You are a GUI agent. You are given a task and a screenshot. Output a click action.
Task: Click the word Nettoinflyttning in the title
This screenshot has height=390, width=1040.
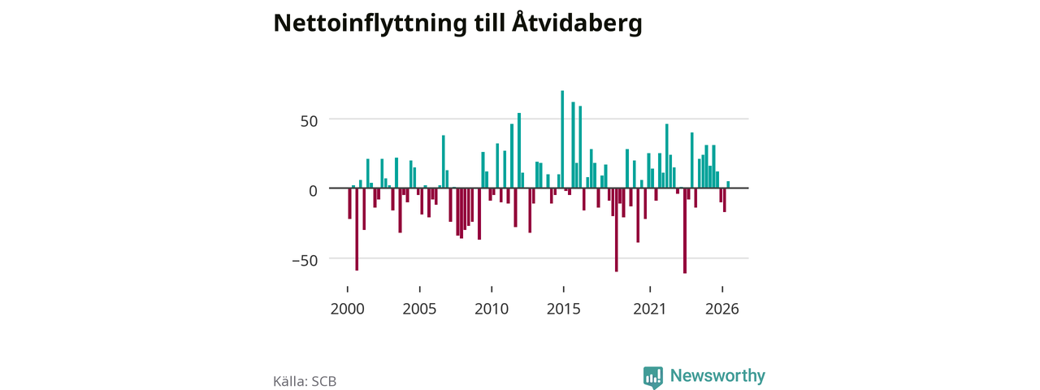pos(370,24)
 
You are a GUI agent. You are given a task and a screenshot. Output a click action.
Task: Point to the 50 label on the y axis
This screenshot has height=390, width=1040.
pos(310,121)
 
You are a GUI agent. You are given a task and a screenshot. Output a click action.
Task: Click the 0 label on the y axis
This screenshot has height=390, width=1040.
pos(314,190)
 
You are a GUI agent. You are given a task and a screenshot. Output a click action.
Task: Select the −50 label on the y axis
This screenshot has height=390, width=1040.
pos(305,261)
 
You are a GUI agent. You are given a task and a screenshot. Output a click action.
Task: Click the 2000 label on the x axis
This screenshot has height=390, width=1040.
pos(347,309)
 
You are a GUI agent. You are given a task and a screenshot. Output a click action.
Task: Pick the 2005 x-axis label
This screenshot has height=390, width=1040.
pos(420,309)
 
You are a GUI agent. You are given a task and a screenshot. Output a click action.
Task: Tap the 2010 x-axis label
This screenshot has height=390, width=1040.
pos(492,309)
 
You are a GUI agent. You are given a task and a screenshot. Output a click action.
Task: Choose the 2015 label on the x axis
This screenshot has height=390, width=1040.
pos(564,309)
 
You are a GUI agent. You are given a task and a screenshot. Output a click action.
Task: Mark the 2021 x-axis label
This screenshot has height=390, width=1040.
pos(650,309)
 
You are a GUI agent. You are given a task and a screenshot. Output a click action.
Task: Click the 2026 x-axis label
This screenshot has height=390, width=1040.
pos(722,309)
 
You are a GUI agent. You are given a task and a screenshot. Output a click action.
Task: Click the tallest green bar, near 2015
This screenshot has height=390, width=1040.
pos(562,139)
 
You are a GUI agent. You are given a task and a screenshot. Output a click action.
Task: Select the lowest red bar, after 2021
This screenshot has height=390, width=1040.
pos(685,231)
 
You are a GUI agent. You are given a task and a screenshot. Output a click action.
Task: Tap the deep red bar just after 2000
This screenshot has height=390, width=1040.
pos(357,229)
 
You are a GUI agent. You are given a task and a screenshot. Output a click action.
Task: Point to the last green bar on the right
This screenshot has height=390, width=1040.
pos(728,184)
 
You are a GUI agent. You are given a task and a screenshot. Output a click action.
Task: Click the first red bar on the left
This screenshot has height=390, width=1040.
pos(349,203)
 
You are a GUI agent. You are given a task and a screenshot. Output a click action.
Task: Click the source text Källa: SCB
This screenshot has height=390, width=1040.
pos(305,381)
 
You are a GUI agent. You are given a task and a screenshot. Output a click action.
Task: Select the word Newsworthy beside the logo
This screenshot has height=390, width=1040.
pos(717,375)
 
